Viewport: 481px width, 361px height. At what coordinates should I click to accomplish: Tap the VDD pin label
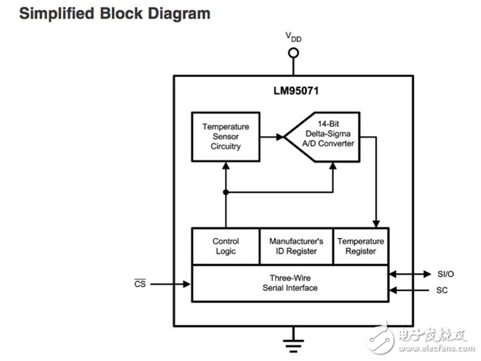294,37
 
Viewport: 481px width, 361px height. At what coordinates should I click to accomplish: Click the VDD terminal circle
293,53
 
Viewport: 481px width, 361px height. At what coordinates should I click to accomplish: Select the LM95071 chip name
293,91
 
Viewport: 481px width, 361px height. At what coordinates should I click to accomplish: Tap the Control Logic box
226,247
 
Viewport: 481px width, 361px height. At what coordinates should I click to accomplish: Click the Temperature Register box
360,247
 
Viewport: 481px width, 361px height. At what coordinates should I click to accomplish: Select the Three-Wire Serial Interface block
290,282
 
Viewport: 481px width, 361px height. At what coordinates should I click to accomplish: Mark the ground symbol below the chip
293,338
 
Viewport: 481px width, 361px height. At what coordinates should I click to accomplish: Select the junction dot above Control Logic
226,191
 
